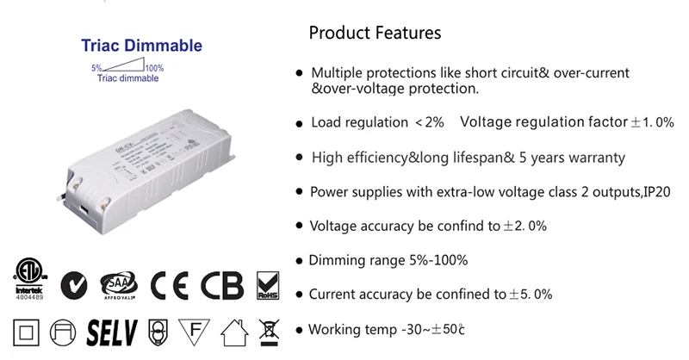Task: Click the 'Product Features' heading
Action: click(x=375, y=34)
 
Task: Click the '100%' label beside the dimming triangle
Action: click(x=154, y=67)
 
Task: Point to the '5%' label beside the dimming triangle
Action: click(x=97, y=67)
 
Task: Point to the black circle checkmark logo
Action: click(x=73, y=283)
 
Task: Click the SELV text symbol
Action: click(x=114, y=331)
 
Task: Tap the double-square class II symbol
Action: click(x=26, y=331)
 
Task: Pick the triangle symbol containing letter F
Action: click(x=196, y=331)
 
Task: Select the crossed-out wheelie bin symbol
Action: click(x=271, y=331)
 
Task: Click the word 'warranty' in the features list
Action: click(x=593, y=158)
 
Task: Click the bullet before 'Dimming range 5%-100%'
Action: click(x=299, y=261)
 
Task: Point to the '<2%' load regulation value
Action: click(x=429, y=123)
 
